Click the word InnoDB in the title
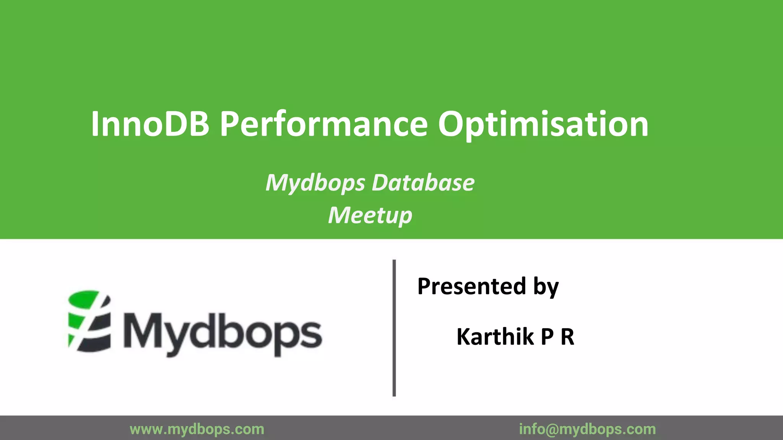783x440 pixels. (150, 124)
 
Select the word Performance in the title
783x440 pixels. (324, 124)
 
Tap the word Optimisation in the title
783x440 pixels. (543, 125)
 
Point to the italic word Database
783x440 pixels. (423, 183)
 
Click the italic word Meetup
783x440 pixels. (370, 215)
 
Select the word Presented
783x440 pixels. (472, 286)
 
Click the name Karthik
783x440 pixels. (495, 336)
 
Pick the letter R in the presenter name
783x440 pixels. (567, 337)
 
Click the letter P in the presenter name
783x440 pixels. (547, 337)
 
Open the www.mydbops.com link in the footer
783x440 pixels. (197, 429)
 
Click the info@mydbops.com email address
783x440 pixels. (587, 429)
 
